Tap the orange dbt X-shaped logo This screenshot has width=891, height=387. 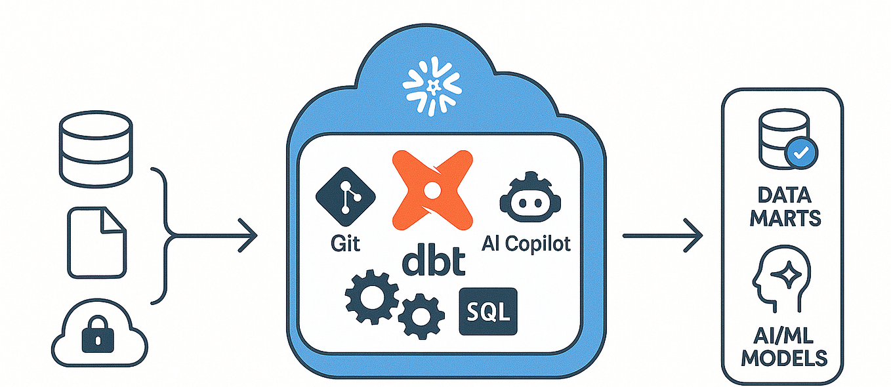tap(432, 189)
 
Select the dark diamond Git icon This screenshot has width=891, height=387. tap(346, 198)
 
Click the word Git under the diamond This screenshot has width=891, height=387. tap(346, 244)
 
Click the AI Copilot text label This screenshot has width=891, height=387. tap(526, 244)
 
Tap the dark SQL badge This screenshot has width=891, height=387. tap(488, 312)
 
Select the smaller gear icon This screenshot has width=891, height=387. tap(417, 316)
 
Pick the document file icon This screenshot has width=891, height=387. tap(96, 241)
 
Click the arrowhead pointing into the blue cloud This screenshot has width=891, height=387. tap(249, 235)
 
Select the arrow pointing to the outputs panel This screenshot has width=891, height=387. tap(663, 235)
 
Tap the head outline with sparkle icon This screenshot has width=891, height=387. tap(781, 280)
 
